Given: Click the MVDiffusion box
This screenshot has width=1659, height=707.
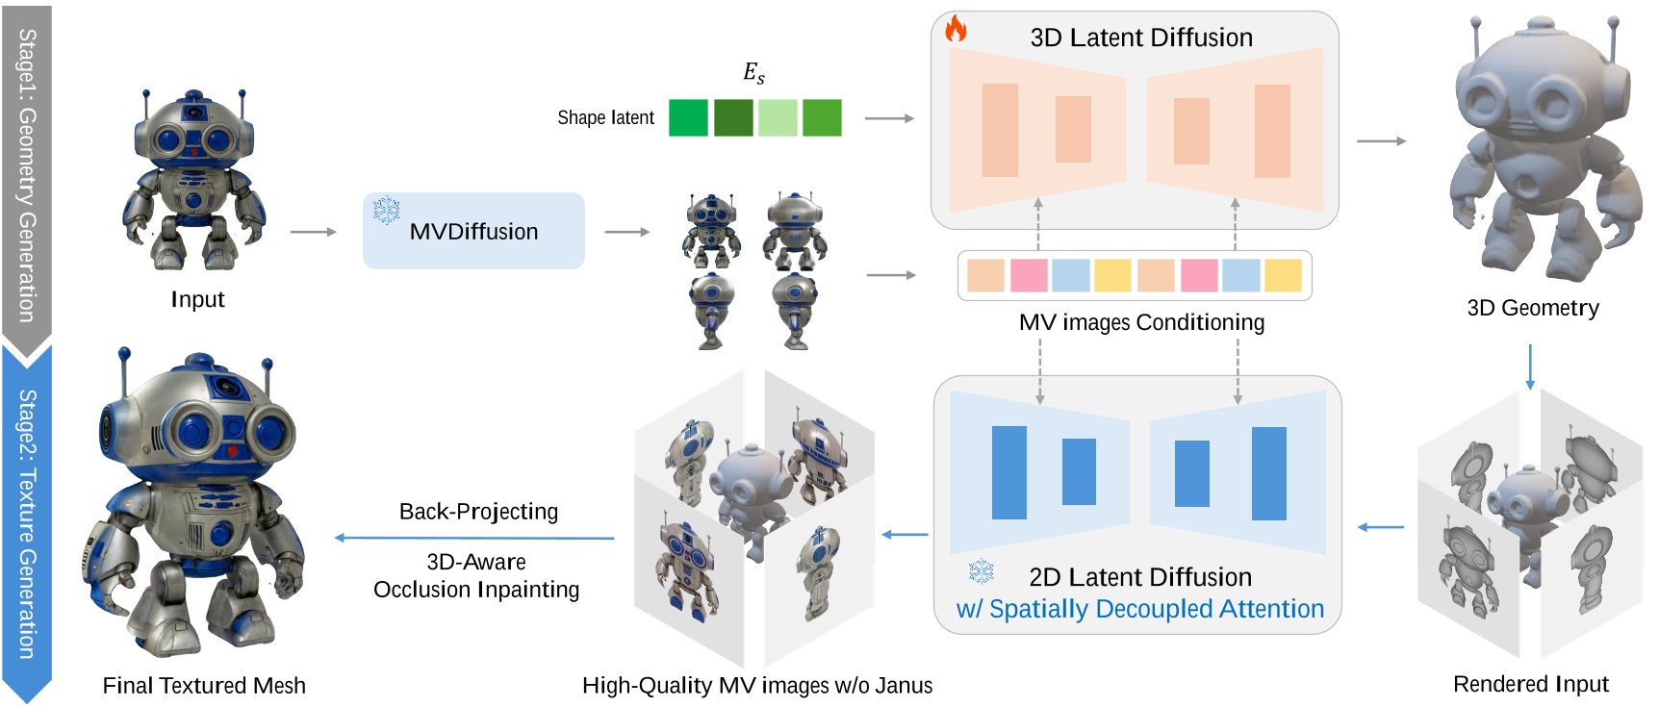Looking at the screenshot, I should (x=473, y=231).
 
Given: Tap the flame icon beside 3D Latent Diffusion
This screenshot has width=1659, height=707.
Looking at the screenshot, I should (x=956, y=29).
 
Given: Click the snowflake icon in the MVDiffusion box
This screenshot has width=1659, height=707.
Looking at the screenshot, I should (x=387, y=210).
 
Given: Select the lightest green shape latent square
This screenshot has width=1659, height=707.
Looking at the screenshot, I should (x=778, y=117).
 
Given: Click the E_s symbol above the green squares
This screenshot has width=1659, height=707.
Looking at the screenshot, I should (x=753, y=73).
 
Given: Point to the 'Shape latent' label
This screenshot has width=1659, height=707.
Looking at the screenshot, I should (x=605, y=117).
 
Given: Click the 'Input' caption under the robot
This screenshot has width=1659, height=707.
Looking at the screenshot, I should (x=197, y=299).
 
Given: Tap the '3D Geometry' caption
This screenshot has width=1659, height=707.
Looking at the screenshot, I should (x=1533, y=308).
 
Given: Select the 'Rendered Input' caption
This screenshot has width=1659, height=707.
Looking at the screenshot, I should (x=1530, y=684).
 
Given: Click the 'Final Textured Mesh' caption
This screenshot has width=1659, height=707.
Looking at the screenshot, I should (x=204, y=685).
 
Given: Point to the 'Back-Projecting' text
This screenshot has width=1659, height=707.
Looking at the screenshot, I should (x=478, y=511).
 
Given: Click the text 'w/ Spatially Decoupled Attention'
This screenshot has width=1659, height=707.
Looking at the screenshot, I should (x=1139, y=609).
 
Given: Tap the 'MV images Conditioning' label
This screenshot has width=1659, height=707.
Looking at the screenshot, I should (x=1141, y=322).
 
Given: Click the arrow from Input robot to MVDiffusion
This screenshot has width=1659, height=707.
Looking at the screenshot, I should (x=313, y=232).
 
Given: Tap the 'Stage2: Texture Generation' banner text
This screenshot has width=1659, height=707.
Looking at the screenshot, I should (x=27, y=524).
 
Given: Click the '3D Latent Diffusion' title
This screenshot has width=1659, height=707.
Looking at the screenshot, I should (x=1141, y=38).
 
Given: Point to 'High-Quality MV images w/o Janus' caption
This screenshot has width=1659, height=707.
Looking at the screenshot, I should (x=757, y=685).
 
